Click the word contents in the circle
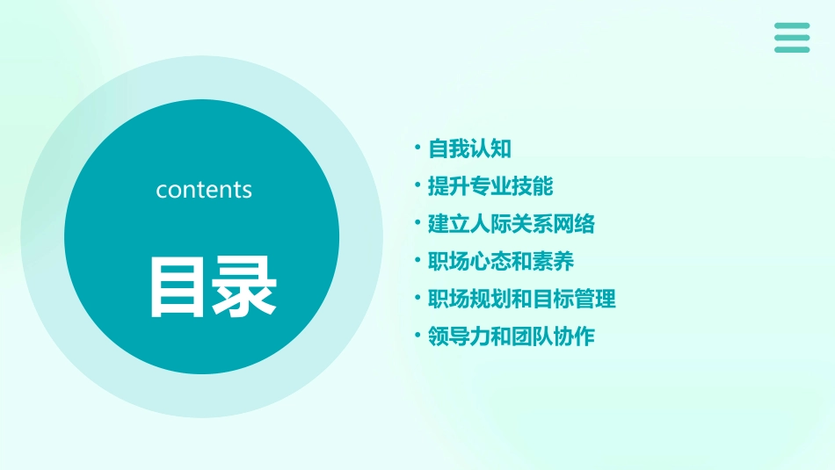204,190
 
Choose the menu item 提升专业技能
490,186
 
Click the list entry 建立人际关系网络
512,224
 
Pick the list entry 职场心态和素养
501,261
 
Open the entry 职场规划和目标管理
522,299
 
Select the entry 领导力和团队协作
512,336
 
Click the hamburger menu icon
792,38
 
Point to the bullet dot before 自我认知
418,148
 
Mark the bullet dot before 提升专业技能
418,185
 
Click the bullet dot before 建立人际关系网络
418,223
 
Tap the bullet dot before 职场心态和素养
418,260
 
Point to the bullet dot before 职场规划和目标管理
418,298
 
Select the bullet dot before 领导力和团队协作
418,336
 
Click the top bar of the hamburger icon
792,26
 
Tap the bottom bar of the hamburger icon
792,49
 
